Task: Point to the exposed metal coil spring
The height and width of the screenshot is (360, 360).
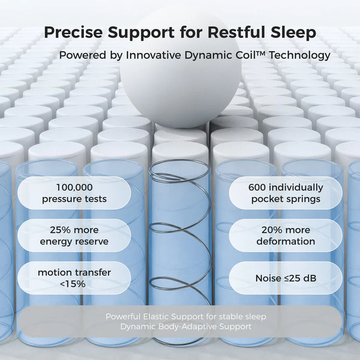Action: click(180, 252)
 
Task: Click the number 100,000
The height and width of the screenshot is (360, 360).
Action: click(75, 187)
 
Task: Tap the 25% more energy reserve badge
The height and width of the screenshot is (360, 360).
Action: click(75, 235)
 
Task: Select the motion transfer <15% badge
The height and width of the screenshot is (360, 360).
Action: click(75, 278)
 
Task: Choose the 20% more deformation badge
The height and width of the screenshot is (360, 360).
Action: click(286, 235)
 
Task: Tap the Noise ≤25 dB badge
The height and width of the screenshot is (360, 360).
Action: click(286, 278)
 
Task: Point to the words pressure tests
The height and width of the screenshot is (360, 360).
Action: click(75, 199)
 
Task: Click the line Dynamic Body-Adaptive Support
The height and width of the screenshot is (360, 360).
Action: click(185, 326)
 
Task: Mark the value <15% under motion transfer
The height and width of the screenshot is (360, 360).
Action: click(75, 284)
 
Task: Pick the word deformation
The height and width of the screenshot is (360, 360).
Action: click(286, 241)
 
